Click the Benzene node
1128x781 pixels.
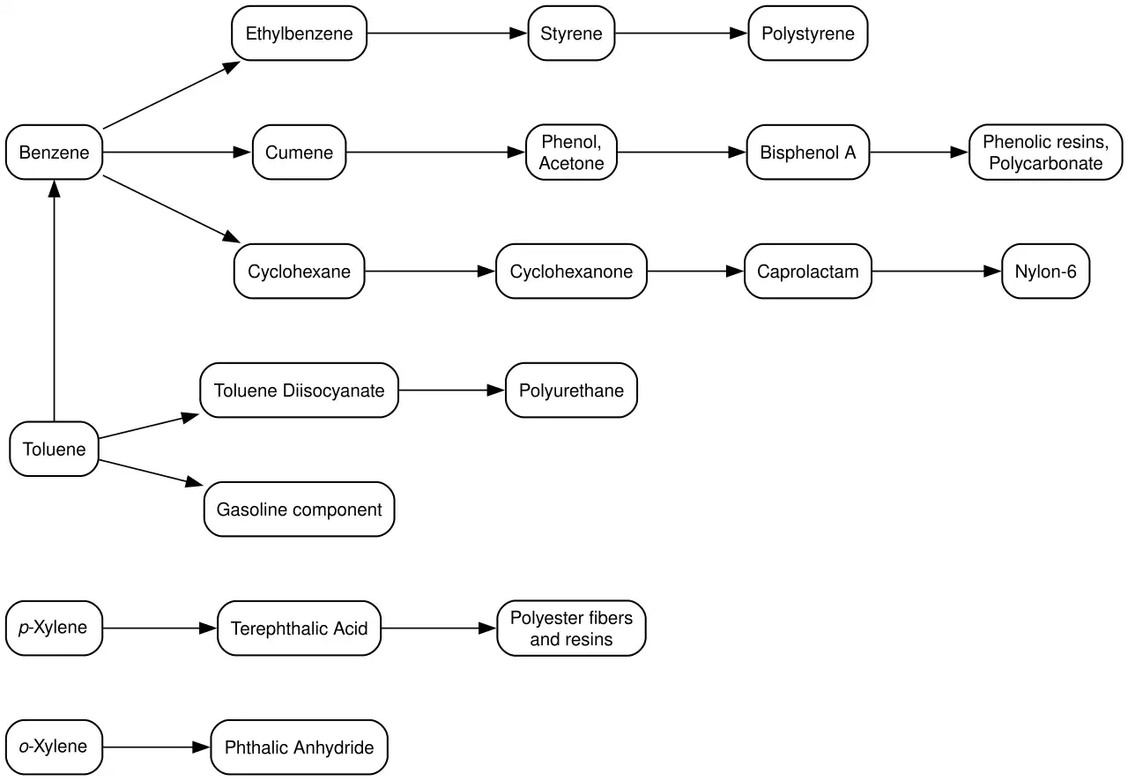click(54, 152)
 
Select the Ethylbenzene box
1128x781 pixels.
click(299, 33)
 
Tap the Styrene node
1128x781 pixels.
click(571, 33)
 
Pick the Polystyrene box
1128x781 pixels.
click(808, 33)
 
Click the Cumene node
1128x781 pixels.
click(299, 152)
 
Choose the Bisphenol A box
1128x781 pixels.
click(808, 152)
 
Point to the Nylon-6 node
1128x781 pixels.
click(1045, 271)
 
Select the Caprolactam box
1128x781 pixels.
click(808, 271)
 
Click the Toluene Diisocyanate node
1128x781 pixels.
click(299, 390)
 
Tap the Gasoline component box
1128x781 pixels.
click(299, 509)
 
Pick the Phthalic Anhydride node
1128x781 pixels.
click(299, 747)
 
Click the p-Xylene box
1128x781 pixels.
click(54, 628)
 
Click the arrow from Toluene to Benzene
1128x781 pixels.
click(54, 301)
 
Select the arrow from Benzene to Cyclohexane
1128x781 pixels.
click(171, 209)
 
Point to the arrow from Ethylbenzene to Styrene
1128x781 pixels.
click(447, 33)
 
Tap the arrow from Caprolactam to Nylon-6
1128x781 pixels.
click(937, 271)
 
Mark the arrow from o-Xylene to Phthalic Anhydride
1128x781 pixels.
click(157, 747)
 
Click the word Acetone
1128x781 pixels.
click(571, 163)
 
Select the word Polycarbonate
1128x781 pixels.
click(1045, 163)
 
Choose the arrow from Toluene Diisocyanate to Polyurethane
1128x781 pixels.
click(452, 390)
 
